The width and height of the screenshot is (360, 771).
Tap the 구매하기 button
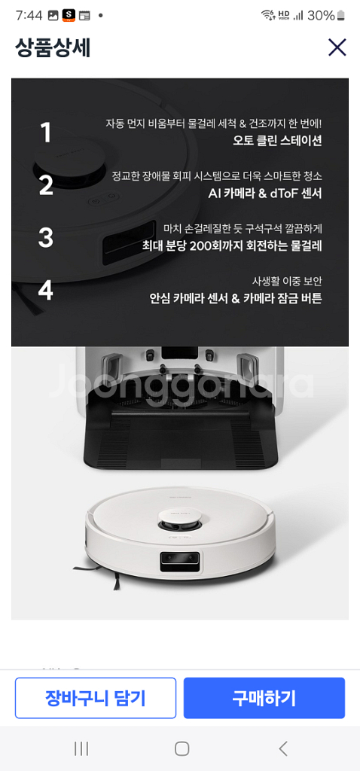[x=264, y=698]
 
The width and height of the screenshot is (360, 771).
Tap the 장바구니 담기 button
[x=96, y=698]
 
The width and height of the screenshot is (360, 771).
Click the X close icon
[x=337, y=47]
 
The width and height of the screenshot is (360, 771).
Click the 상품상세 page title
[x=53, y=47]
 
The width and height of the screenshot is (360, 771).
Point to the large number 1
[x=46, y=133]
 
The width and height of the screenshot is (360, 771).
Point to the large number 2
[x=46, y=185]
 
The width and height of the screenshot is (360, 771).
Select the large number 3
[x=46, y=237]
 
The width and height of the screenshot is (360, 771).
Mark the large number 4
[x=46, y=290]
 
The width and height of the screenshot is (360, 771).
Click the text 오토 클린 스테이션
[x=277, y=141]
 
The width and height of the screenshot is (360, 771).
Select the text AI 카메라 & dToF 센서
[x=265, y=194]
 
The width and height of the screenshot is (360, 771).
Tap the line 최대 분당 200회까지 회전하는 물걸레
[x=232, y=245]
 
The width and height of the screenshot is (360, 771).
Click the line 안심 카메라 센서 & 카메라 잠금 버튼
[x=236, y=298]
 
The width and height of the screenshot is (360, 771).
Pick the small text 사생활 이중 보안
[x=287, y=282]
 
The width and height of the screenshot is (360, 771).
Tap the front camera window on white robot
[x=180, y=561]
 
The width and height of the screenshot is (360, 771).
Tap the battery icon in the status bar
[x=341, y=16]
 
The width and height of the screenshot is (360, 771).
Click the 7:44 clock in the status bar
[x=29, y=15]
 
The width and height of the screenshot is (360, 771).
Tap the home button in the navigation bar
[x=182, y=748]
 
